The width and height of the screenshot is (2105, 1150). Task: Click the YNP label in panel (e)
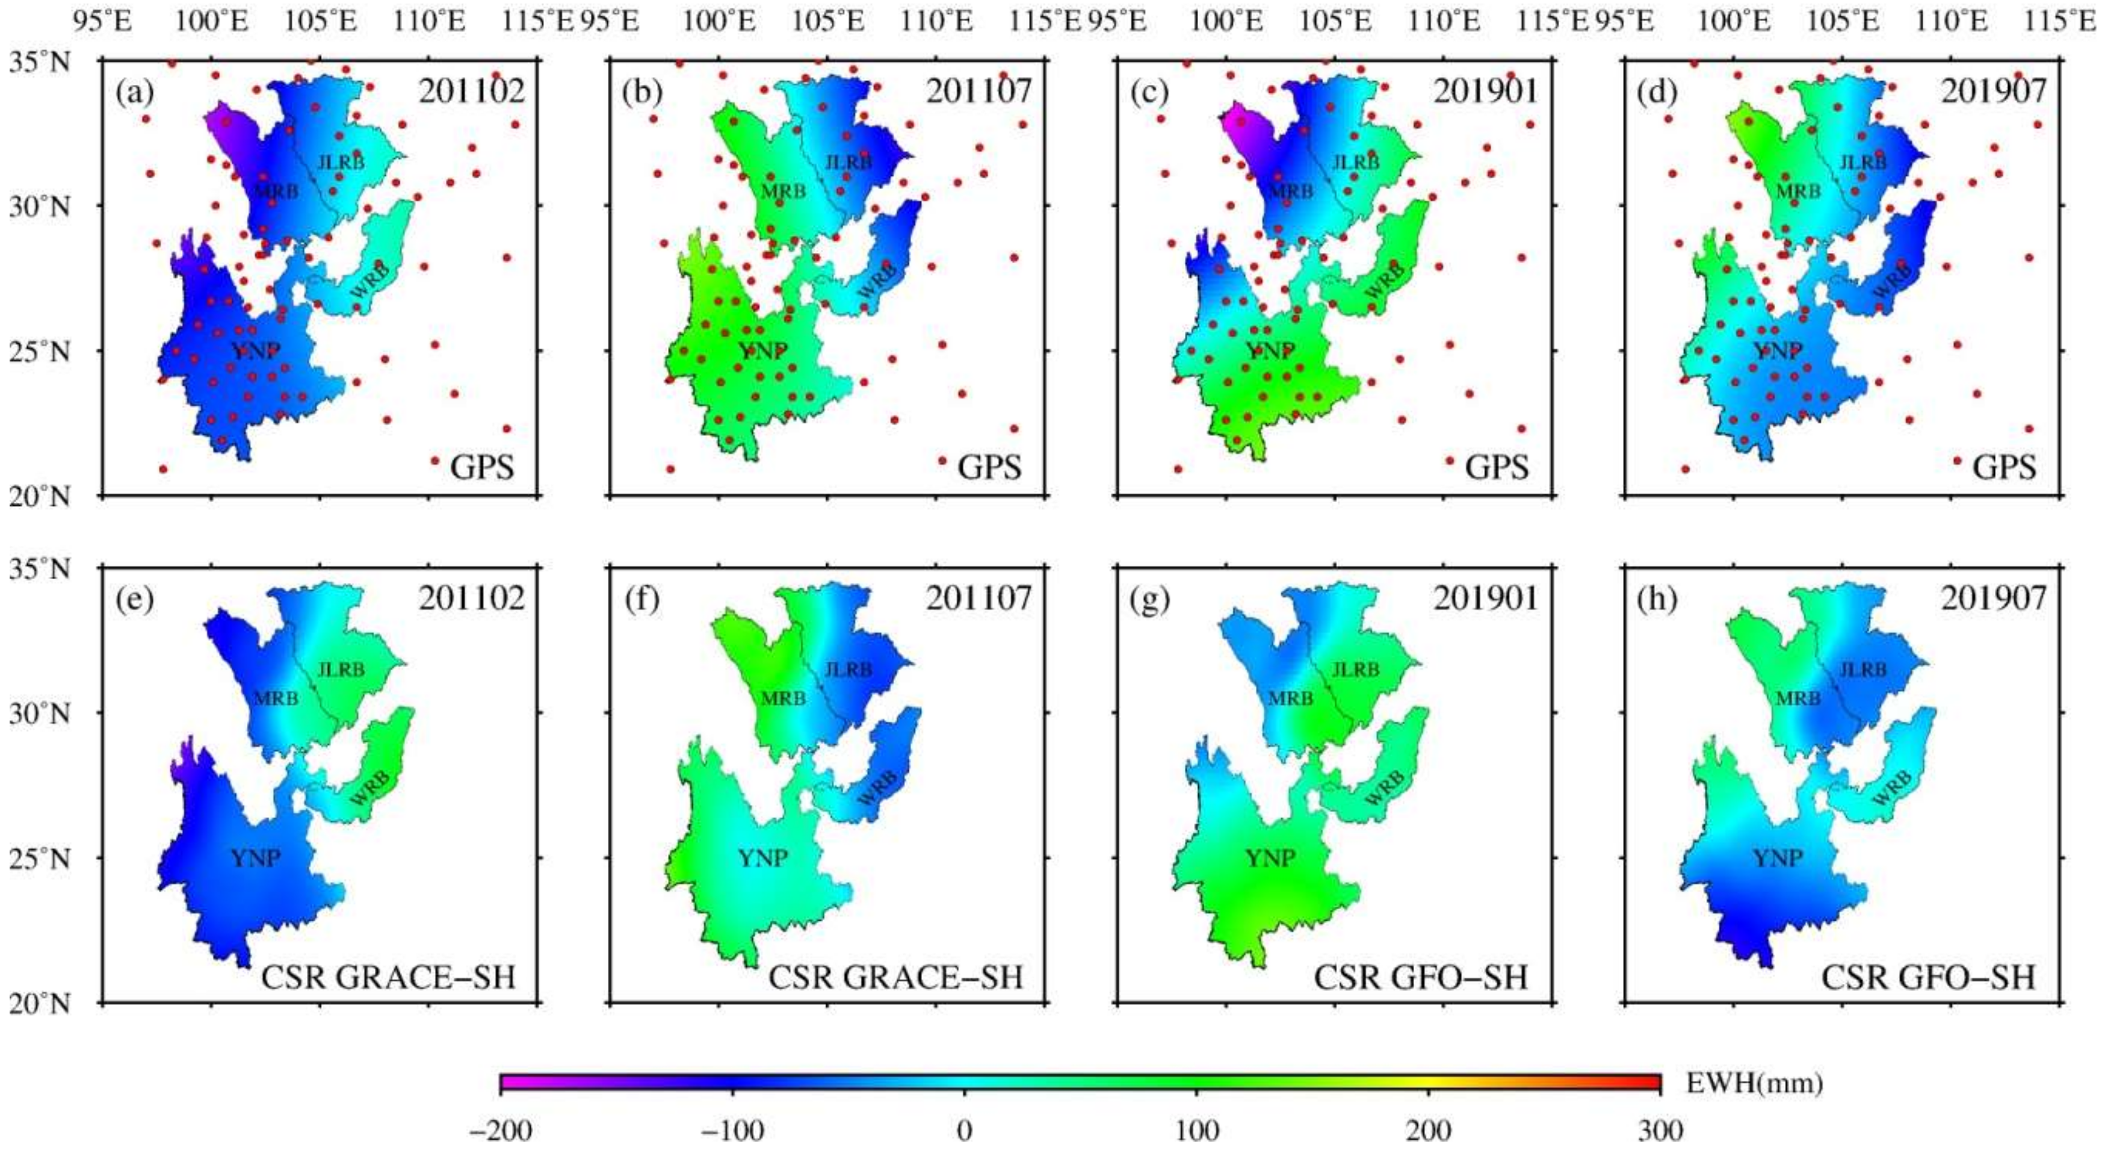coord(255,858)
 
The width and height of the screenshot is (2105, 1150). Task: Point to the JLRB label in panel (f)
coord(848,670)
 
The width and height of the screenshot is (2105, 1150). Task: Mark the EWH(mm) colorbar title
coord(1754,1083)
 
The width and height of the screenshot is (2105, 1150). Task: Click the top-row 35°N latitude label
coord(39,61)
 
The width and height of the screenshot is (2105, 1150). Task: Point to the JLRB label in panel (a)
coord(341,162)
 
